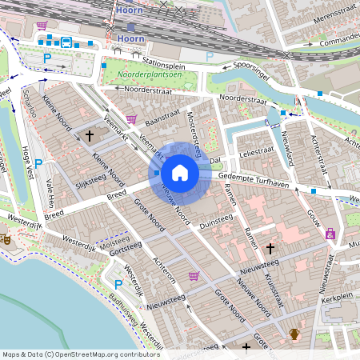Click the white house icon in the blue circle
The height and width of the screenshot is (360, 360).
pyautogui.click(x=180, y=172)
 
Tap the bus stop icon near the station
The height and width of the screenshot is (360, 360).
pyautogui.click(x=66, y=42)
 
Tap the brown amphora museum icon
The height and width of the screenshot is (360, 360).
pyautogui.click(x=294, y=334)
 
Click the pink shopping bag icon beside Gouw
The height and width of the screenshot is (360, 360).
pyautogui.click(x=330, y=234)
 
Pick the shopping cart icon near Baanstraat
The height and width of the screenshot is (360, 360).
pyautogui.click(x=130, y=119)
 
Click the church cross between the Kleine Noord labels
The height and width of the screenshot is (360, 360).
pyautogui.click(x=90, y=137)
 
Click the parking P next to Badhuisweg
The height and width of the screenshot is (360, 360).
pyautogui.click(x=118, y=284)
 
